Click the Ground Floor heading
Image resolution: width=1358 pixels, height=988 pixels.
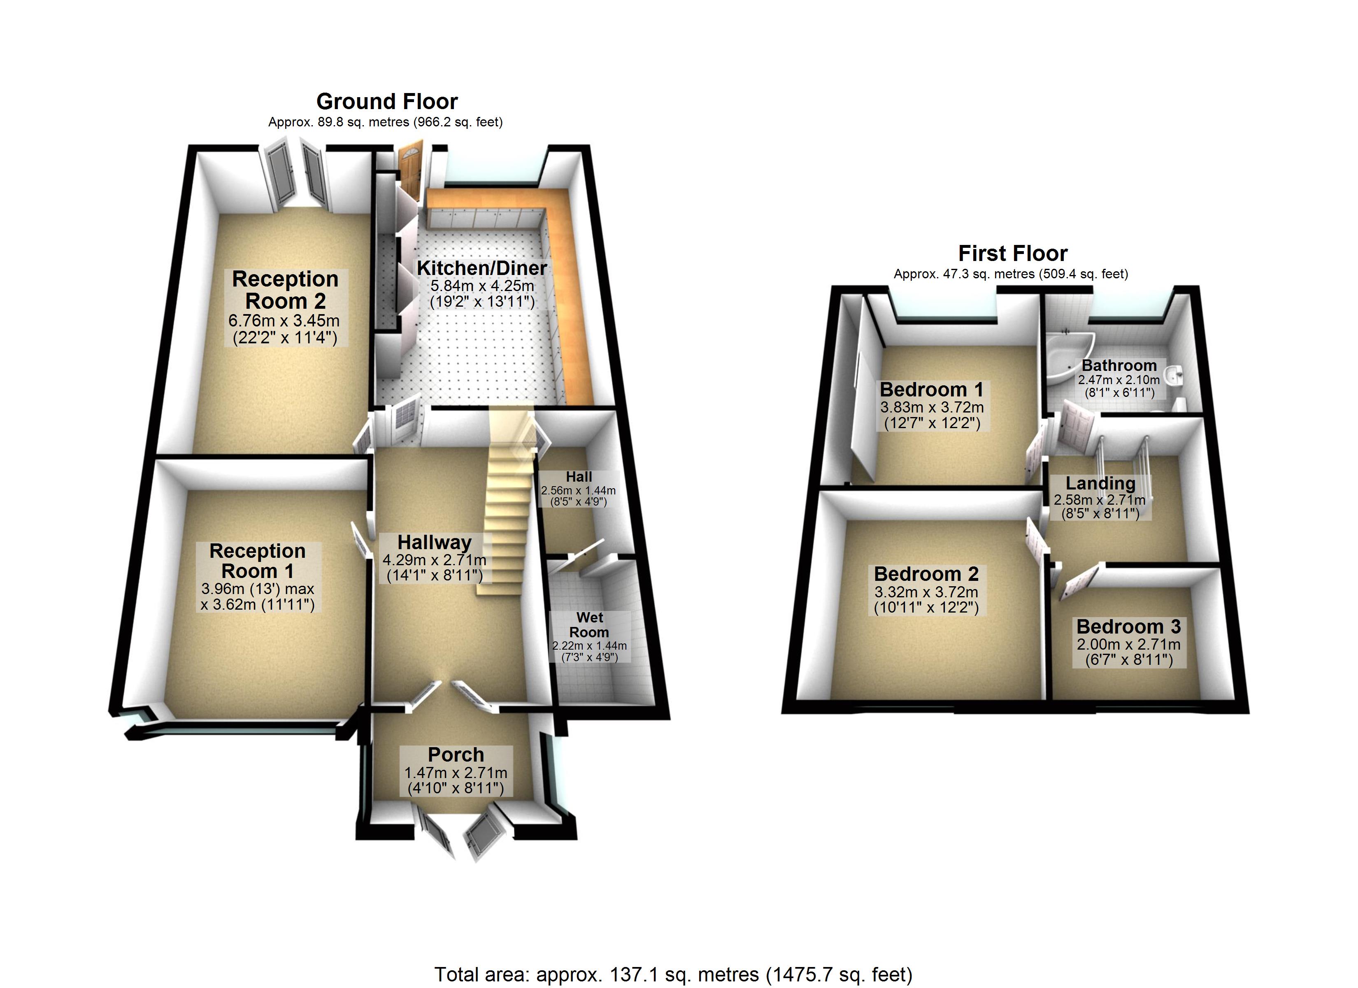point(387,101)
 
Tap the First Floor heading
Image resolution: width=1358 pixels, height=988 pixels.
point(1012,254)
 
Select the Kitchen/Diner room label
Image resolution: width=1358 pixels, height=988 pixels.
point(481,268)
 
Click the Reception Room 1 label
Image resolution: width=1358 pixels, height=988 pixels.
point(258,561)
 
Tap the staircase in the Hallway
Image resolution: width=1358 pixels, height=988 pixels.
point(506,521)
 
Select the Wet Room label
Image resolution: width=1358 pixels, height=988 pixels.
point(589,624)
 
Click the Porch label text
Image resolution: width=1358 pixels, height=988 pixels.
point(456,754)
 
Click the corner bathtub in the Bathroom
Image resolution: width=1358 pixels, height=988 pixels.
point(1069,356)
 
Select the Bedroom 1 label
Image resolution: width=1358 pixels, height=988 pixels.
point(931,389)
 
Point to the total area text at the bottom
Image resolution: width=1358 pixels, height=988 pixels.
point(673,974)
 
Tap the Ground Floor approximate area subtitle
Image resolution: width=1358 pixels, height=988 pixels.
point(385,122)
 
